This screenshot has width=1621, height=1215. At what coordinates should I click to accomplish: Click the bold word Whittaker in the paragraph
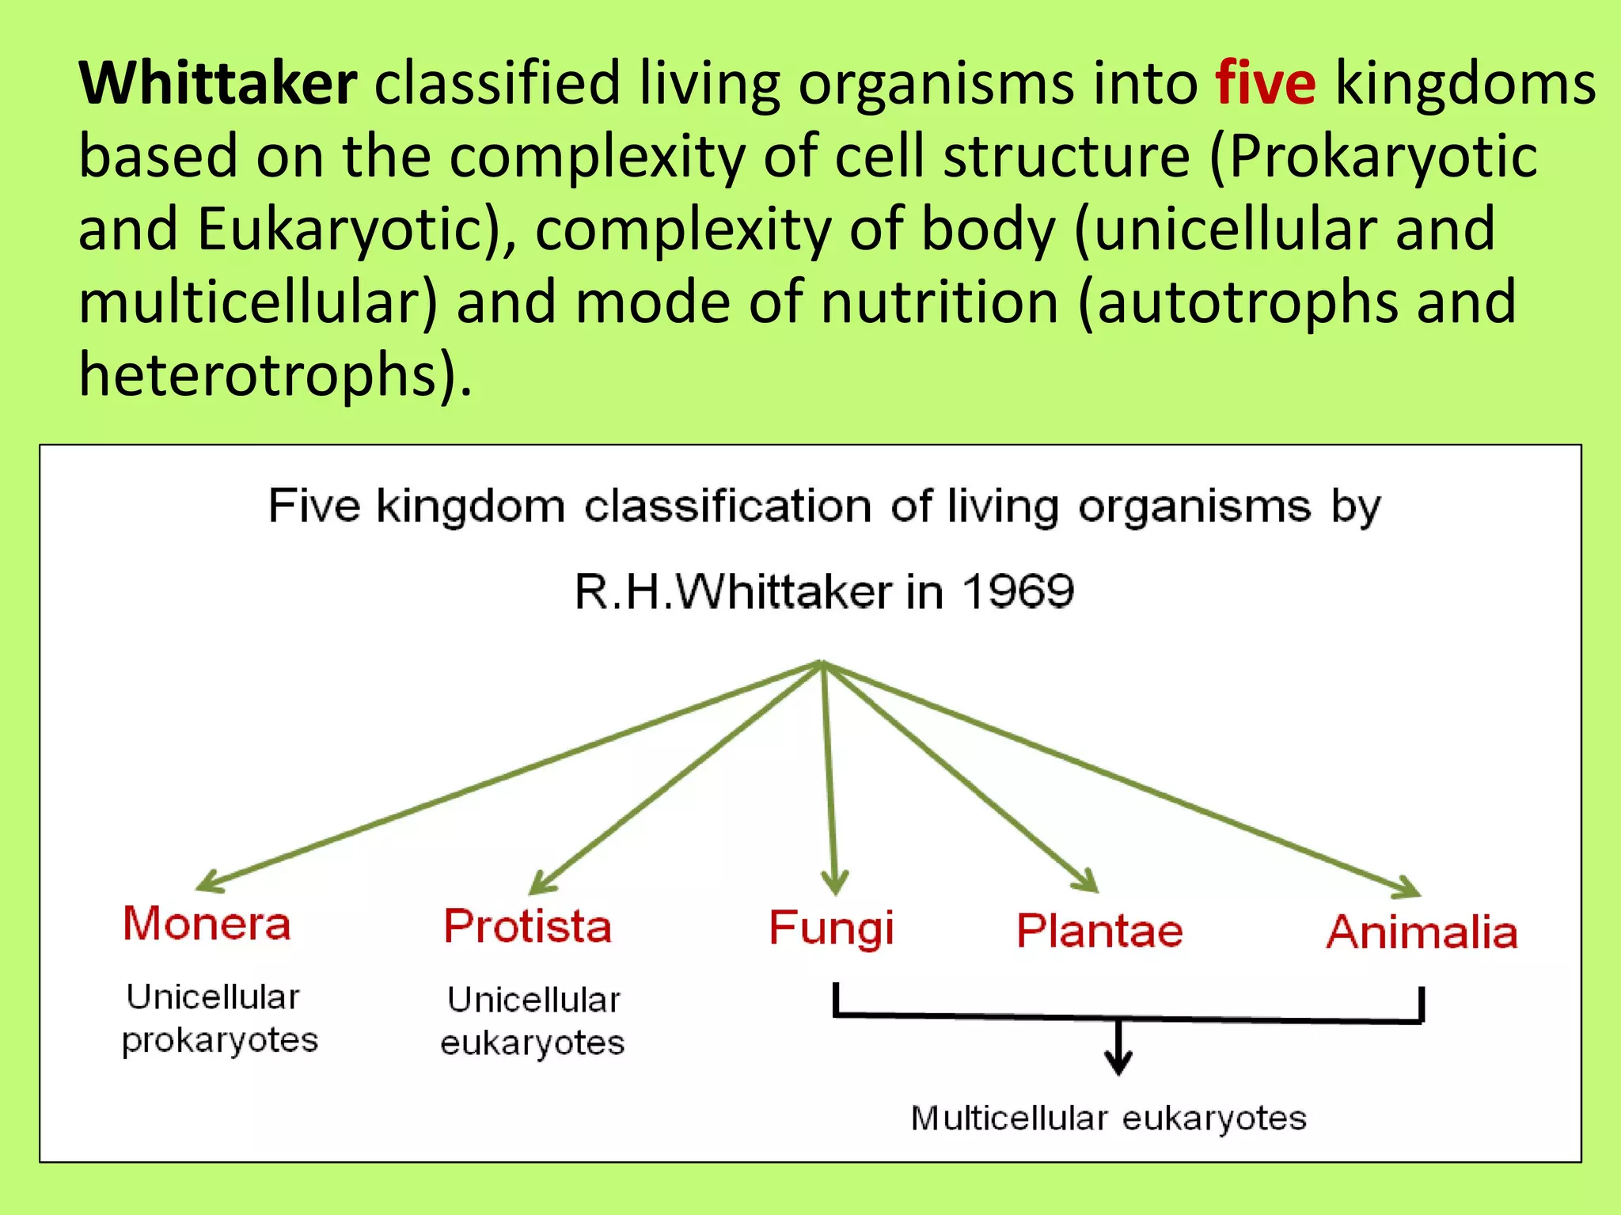click(218, 83)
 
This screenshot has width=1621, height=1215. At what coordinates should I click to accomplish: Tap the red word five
click(1266, 83)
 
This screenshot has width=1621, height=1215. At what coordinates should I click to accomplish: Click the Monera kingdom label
click(207, 924)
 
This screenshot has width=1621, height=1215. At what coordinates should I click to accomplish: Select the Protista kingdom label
click(528, 926)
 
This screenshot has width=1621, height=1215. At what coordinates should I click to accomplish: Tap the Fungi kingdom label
click(832, 928)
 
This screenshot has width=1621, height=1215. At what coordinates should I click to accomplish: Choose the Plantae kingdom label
click(1099, 930)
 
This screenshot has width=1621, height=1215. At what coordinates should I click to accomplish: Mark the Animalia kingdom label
click(1422, 932)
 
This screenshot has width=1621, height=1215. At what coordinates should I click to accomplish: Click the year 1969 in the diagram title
click(1019, 591)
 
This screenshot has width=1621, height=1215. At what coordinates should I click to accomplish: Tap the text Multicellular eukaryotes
click(1108, 1118)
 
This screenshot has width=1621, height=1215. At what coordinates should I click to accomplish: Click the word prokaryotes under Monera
click(220, 1040)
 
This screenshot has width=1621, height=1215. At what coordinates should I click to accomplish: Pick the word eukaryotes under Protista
click(533, 1043)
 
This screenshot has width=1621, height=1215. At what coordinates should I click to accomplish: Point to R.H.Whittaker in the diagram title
click(733, 592)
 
